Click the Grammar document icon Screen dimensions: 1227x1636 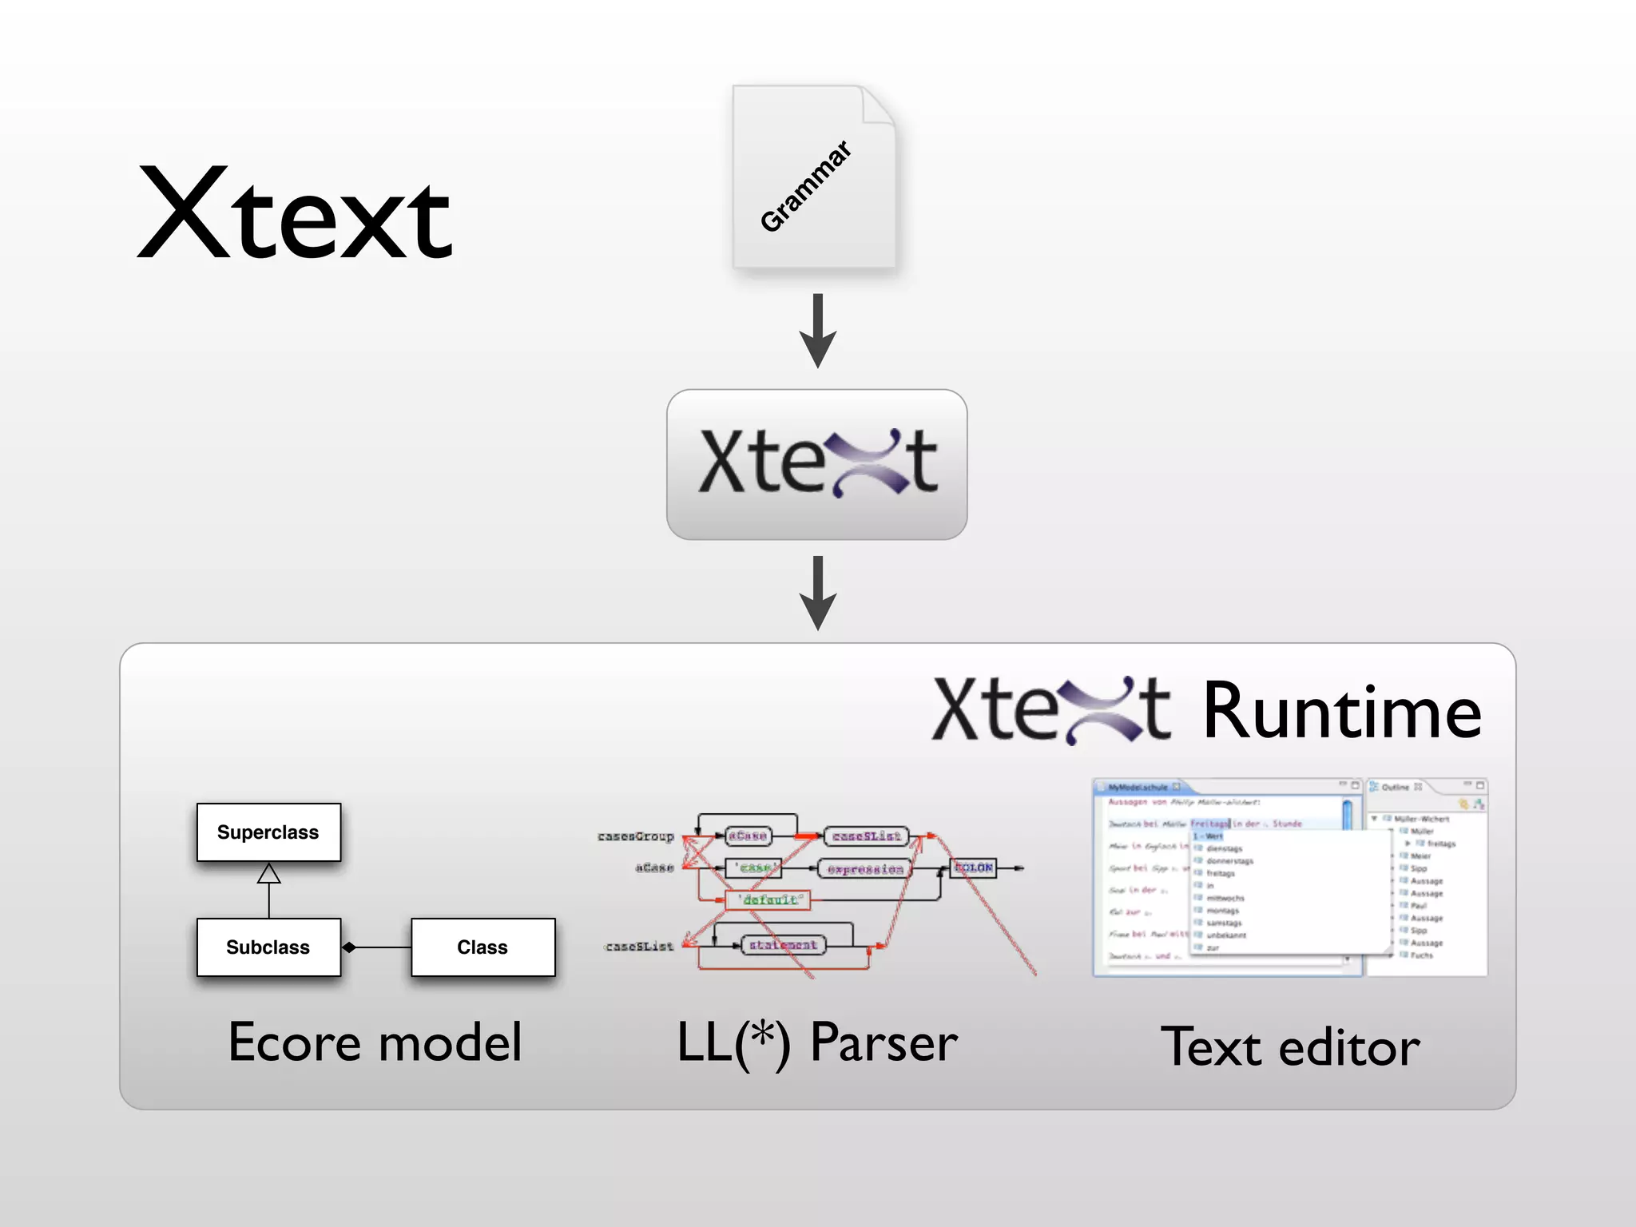tap(814, 177)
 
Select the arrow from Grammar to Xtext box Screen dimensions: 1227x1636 tap(817, 330)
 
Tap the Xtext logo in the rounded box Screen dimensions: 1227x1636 tap(817, 463)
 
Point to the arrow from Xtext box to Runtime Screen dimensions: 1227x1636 tap(817, 593)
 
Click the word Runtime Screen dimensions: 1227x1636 tap(1341, 712)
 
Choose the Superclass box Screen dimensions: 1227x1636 tap(268, 832)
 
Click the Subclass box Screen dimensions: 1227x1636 tap(268, 947)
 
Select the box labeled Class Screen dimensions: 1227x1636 tap(482, 947)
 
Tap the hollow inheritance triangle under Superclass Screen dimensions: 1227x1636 tap(269, 874)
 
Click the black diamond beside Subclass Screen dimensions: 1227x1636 tap(349, 947)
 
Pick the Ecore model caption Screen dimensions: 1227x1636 tap(375, 1042)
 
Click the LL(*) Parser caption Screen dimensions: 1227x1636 tap(817, 1042)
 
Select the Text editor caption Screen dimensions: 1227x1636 tap(1290, 1047)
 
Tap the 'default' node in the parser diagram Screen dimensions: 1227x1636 tap(768, 900)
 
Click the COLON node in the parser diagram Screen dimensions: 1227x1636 tap(973, 868)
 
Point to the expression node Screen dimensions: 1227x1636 tap(865, 869)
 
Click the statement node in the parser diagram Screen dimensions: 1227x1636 tap(783, 945)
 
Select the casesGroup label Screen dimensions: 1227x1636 tap(636, 836)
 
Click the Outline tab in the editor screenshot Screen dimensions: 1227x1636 tap(1396, 787)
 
